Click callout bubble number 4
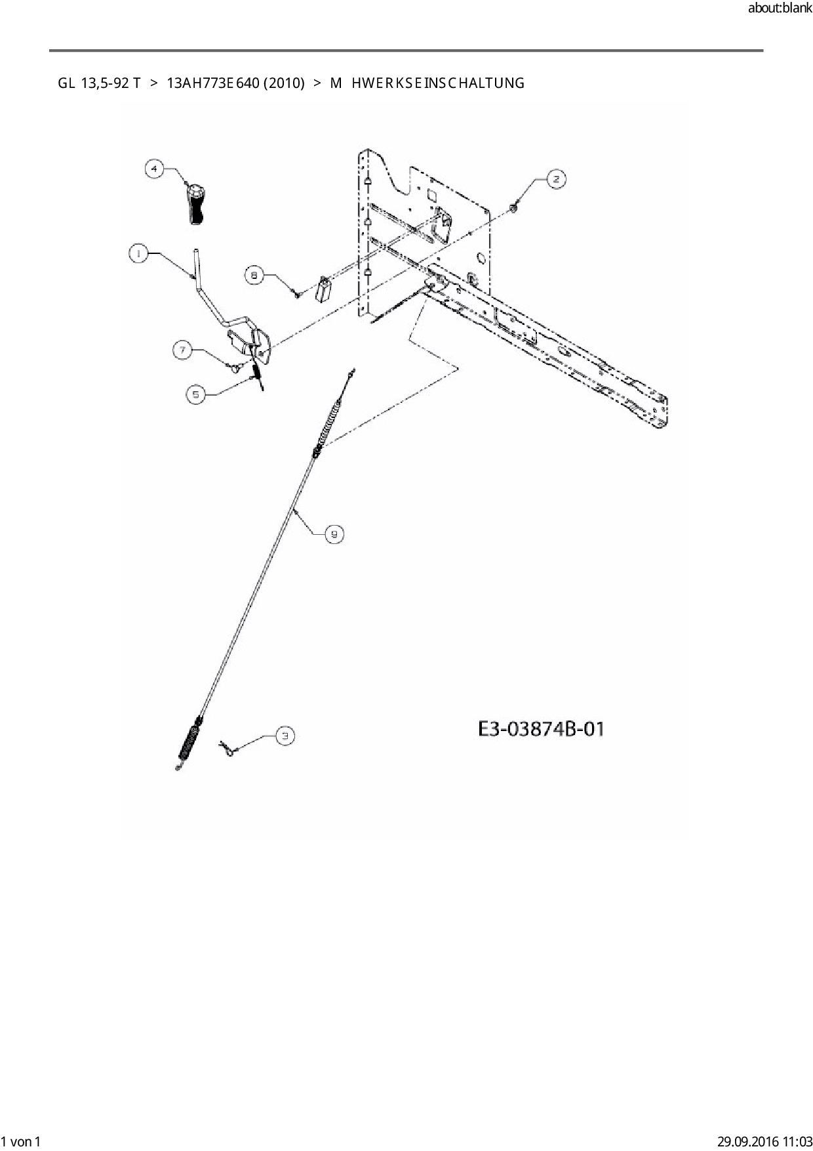tap(154, 169)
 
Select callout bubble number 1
tap(138, 254)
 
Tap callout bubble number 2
tap(555, 179)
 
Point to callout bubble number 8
tap(255, 275)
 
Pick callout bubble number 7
tap(183, 350)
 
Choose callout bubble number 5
tap(196, 394)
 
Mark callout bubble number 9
tap(334, 535)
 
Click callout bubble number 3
tap(285, 737)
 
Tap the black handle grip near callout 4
tap(195, 205)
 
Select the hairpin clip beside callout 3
tap(228, 749)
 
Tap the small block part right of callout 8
tap(323, 289)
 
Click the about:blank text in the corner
tap(780, 9)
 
